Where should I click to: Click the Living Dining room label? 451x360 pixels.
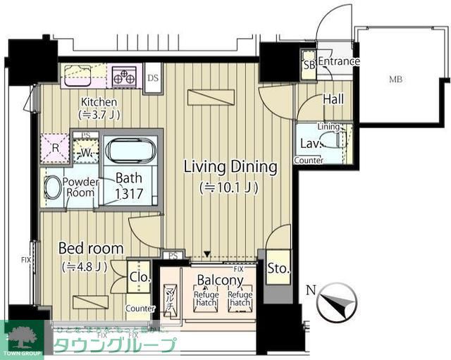pyautogui.click(x=230, y=167)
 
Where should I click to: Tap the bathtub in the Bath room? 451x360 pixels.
pyautogui.click(x=132, y=151)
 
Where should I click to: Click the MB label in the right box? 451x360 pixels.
pyautogui.click(x=397, y=78)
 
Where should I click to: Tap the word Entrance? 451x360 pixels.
pyautogui.click(x=338, y=62)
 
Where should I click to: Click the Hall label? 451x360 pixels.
pyautogui.click(x=333, y=99)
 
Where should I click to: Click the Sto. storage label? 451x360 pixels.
pyautogui.click(x=278, y=268)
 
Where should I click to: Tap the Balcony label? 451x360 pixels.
pyautogui.click(x=220, y=280)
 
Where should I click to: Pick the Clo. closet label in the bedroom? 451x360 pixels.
pyautogui.click(x=140, y=277)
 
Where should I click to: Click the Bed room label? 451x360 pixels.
pyautogui.click(x=91, y=248)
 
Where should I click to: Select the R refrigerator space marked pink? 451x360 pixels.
pyautogui.click(x=54, y=148)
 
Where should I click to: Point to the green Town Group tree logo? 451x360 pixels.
pyautogui.click(x=22, y=335)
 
